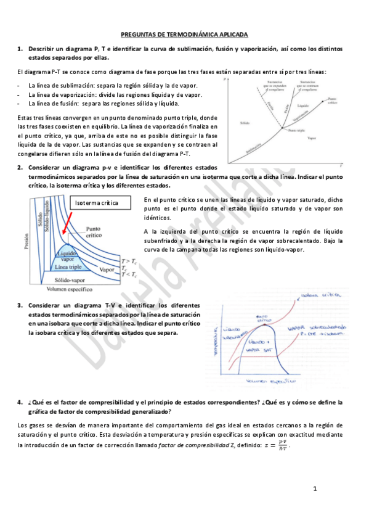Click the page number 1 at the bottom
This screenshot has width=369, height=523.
pos(315,489)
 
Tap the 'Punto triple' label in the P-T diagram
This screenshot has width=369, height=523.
pos(296,131)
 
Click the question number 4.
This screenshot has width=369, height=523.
pos(20,402)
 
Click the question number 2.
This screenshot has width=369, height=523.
pos(20,167)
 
